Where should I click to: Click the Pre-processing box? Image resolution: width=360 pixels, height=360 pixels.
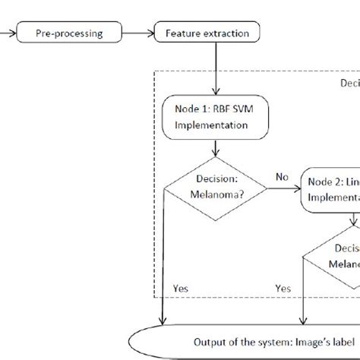[x=68, y=33]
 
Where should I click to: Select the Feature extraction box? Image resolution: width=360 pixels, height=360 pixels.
[x=206, y=33]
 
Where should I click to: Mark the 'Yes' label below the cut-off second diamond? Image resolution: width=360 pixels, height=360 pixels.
[x=283, y=288]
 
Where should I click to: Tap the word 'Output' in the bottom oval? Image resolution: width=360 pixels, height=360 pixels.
[x=211, y=339]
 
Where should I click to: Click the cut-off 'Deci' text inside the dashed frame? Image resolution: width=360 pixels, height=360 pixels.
[x=348, y=83]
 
